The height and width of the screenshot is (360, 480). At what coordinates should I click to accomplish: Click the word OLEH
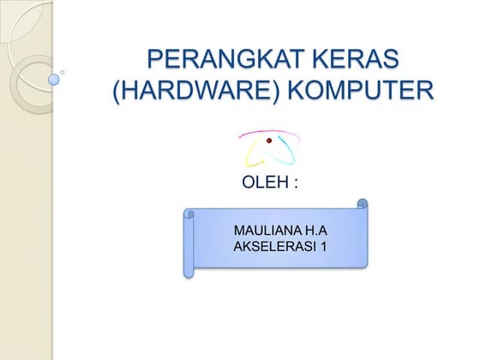[263, 183]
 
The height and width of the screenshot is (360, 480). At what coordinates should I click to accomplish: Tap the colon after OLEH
[295, 183]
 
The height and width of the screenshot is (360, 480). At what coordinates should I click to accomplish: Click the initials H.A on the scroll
[314, 231]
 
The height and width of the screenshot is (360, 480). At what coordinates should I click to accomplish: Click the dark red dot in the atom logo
[268, 141]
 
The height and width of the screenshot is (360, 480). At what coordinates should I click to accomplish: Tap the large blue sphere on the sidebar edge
[54, 80]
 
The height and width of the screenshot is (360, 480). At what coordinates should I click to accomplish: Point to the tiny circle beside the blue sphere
[63, 72]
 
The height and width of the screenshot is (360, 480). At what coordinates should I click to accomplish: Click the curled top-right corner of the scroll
[363, 205]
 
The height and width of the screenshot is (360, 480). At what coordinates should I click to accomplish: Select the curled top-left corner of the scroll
[189, 214]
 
